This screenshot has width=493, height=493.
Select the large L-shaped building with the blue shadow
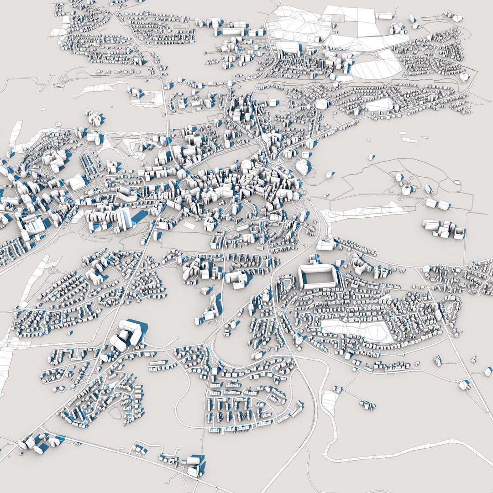(130, 332)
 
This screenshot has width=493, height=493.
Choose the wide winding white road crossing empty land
(402, 452)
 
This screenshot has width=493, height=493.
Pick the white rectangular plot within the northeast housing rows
(379, 105)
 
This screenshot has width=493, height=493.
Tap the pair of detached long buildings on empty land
(436, 204)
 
